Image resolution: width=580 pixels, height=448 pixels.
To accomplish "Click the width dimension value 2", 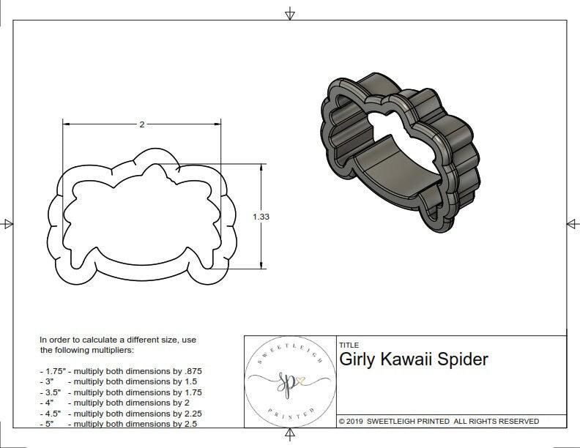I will (x=141, y=124).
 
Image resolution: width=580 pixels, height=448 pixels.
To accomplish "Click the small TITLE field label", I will (x=349, y=345).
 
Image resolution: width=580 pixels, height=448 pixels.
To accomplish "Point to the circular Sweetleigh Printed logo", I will (x=290, y=381).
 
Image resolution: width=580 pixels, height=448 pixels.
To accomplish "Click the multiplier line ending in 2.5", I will (x=119, y=423).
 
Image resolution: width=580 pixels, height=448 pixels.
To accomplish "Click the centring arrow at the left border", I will (x=7, y=224).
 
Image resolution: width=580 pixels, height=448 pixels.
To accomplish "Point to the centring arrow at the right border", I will (x=571, y=224).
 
